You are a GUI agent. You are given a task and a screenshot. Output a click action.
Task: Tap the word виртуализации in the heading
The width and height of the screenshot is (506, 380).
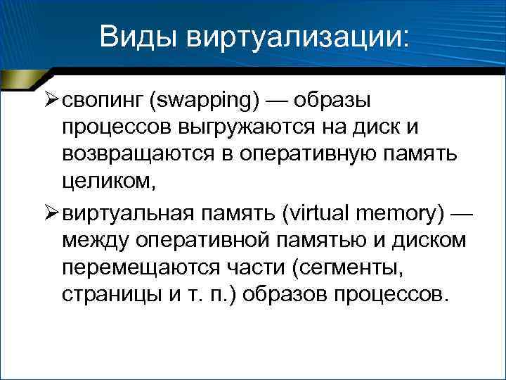click(x=296, y=34)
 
